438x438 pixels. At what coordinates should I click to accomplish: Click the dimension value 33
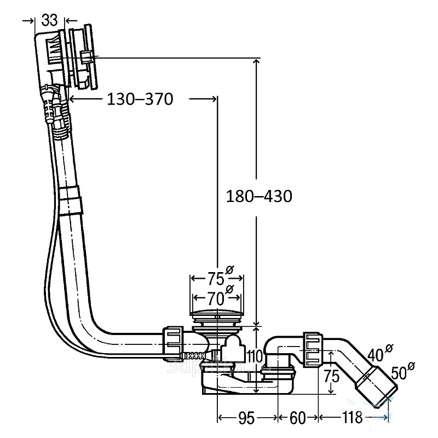click(49, 20)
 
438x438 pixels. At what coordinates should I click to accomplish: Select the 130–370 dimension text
click(139, 99)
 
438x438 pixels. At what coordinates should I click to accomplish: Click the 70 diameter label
click(215, 299)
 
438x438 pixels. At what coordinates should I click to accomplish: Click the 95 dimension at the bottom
click(247, 418)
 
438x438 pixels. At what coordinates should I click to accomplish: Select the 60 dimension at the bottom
click(297, 418)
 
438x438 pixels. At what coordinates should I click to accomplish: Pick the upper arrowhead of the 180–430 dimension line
click(256, 60)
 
